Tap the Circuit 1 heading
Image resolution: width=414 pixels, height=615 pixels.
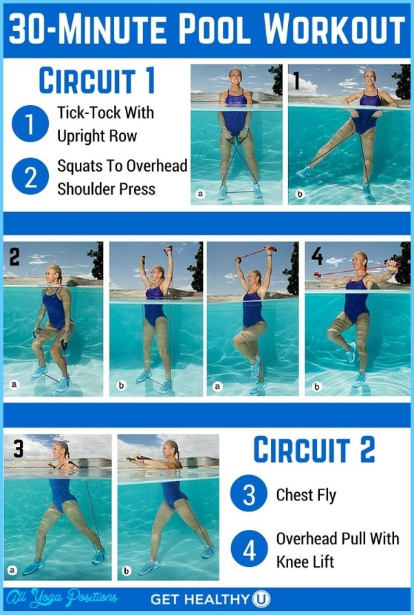97,81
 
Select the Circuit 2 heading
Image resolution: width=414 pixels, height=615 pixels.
314,450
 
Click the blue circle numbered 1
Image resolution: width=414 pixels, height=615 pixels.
30,124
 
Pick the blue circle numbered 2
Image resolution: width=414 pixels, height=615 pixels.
30,176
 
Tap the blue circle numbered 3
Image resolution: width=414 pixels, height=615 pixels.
249,494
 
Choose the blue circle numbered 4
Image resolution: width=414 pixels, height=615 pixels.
249,548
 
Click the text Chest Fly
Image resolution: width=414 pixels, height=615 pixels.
306,496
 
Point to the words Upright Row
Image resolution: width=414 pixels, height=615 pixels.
97,137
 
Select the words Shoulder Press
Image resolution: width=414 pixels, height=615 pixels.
107,189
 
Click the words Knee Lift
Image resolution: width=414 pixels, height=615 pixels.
305,561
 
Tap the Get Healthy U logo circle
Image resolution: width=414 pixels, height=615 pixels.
261,599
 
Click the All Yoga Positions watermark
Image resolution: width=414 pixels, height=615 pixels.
62,598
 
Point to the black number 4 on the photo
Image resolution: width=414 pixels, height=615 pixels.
317,256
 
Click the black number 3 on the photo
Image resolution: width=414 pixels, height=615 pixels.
18,448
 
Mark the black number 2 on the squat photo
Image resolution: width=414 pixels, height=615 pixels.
14,257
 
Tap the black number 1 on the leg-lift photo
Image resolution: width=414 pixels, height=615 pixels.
296,80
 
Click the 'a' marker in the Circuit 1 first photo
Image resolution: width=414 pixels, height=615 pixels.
201,194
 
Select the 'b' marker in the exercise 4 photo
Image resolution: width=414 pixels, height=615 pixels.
316,386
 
